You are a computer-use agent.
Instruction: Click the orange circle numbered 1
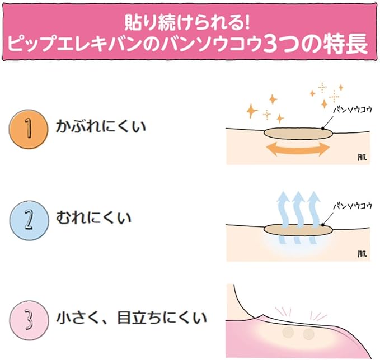point(29,129)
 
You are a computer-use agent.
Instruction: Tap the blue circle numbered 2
point(29,221)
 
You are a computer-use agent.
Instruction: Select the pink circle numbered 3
point(29,320)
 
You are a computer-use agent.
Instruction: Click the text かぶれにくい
point(101,127)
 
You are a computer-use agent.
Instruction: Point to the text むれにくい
point(93,217)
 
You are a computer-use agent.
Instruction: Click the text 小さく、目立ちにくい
point(132,318)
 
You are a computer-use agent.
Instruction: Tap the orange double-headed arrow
point(298,149)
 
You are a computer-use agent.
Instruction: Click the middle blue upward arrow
point(298,217)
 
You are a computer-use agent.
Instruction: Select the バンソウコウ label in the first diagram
point(353,110)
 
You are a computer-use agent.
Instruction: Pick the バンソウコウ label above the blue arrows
point(353,206)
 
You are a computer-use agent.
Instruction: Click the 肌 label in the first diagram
point(362,158)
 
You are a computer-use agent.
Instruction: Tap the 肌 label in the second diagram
point(362,254)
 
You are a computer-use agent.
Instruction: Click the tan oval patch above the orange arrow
point(298,134)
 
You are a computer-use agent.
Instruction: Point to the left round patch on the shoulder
point(288,332)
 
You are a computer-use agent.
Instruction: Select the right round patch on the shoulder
point(309,334)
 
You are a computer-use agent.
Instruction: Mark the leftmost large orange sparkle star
point(252,111)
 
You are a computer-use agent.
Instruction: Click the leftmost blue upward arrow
point(283,217)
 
